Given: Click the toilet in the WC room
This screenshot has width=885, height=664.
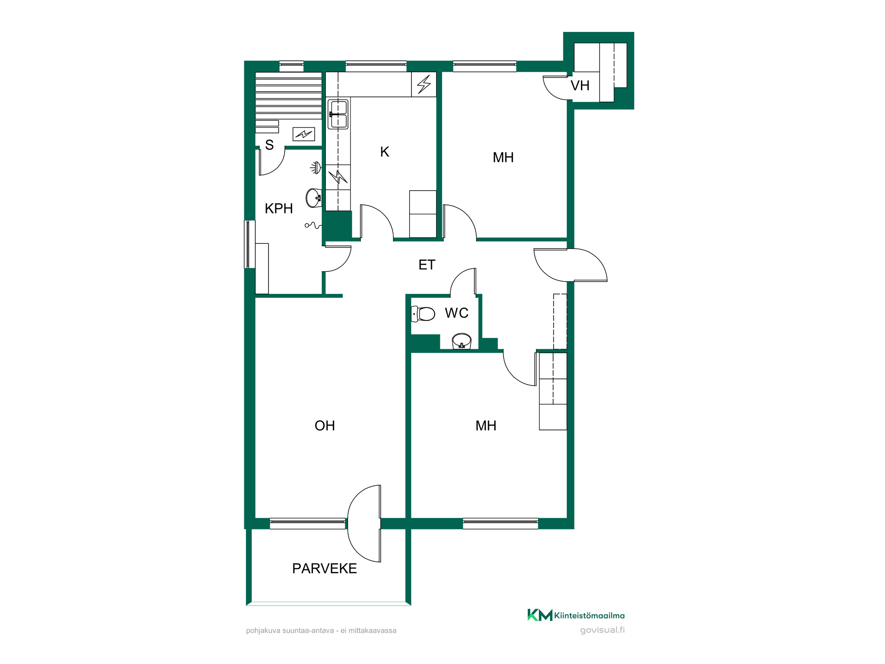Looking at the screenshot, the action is coord(423,314).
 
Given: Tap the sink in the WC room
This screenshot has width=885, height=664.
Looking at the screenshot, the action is coord(462,341).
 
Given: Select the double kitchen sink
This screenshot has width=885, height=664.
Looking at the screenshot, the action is coord(338,114).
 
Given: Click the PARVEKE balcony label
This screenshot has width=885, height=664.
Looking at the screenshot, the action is coord(324,568).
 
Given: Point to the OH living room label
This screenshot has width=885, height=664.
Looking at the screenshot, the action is coord(325,425).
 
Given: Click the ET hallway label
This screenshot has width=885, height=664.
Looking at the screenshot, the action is coord(427,265).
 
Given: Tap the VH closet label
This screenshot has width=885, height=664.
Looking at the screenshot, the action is coord(580,85).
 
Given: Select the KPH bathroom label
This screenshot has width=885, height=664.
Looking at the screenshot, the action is coord(279,208).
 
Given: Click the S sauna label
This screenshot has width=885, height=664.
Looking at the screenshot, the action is coord(269,145).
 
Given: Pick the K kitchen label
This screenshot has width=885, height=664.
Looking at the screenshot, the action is coord(385,152).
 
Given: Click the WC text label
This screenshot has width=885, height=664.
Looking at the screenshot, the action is coord(457,313).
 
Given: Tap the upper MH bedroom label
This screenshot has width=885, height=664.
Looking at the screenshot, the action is coord(503,157).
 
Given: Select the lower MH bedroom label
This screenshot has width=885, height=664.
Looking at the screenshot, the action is coord(486,425).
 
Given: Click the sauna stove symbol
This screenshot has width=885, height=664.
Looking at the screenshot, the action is coord(304,134).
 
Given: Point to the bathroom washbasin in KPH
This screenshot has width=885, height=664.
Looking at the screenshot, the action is coord(314,198).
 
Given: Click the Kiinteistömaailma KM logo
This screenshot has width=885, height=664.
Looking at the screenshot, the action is coord(540,615).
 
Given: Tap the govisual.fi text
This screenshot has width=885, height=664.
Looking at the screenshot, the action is coord(602,630).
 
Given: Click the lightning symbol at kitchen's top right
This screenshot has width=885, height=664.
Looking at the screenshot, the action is coord(424,84).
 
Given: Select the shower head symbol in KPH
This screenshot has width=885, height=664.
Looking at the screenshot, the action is coord(316,168).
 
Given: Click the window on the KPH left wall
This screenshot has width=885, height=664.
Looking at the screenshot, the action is coord(250,244).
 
